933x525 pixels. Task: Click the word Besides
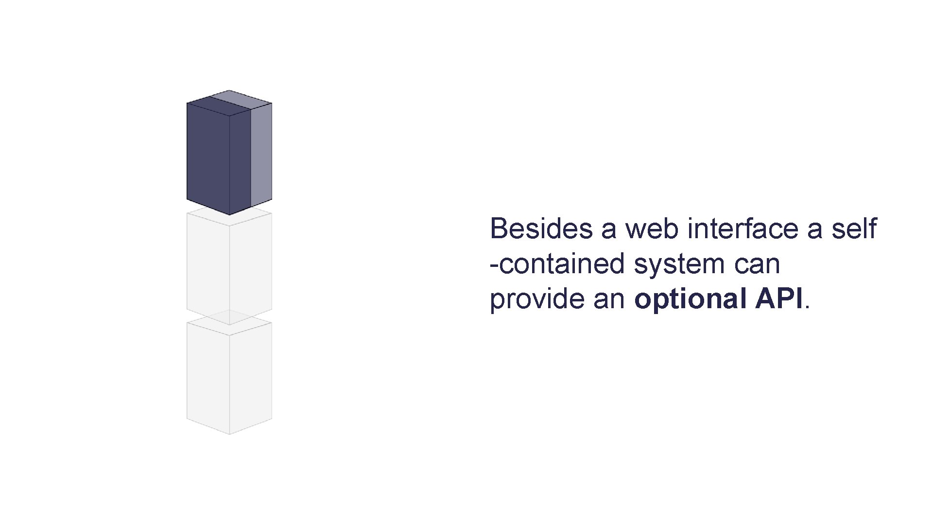click(x=541, y=228)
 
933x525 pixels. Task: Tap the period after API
click(x=808, y=307)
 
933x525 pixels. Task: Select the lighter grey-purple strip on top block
click(x=261, y=156)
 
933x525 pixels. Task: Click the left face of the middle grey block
click(x=208, y=267)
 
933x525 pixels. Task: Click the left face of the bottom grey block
click(x=208, y=377)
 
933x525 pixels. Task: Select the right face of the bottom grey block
click(x=251, y=377)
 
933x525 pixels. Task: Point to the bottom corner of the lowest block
click(x=229, y=433)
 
